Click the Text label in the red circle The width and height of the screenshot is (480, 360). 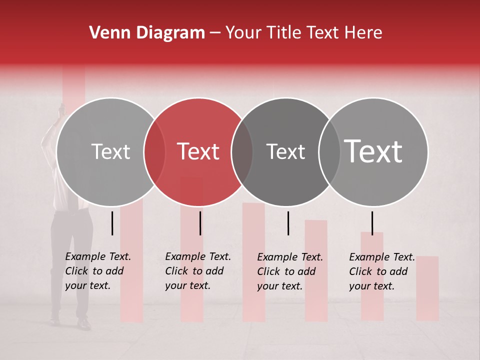point(198,151)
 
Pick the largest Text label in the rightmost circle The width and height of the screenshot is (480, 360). point(373,151)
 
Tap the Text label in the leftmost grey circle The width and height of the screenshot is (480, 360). point(110,151)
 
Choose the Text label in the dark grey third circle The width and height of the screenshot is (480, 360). point(285,151)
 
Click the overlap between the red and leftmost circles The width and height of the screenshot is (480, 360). point(154,152)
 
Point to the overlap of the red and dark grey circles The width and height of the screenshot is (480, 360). point(242,152)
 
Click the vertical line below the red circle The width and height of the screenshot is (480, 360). point(200,223)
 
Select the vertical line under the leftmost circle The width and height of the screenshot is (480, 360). point(112,223)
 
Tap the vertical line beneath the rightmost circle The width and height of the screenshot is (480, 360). point(372,223)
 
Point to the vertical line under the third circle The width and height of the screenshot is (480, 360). point(288,223)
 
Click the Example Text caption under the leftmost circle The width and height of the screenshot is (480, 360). point(98,271)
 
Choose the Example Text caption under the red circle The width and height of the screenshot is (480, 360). point(198,271)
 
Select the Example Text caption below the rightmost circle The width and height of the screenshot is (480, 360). point(382,271)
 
